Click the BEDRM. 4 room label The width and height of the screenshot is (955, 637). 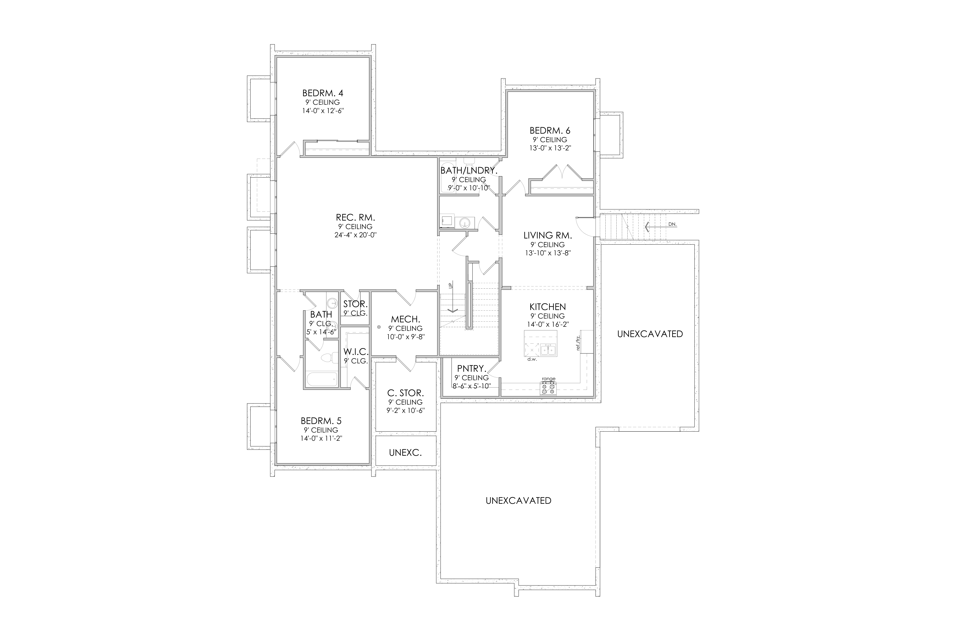point(323,93)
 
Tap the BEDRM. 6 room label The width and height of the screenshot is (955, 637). point(550,130)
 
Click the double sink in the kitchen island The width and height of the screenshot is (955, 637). point(548,349)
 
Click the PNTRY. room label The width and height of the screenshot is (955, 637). point(471,369)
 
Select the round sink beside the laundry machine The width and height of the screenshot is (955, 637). point(465,222)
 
